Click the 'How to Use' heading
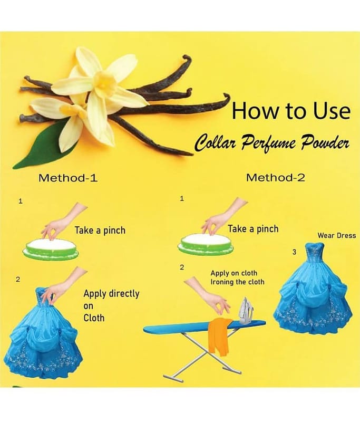(291, 111)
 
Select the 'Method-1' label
(68, 178)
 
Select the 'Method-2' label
(276, 178)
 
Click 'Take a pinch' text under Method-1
(100, 231)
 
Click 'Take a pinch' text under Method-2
(253, 229)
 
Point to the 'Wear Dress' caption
(337, 235)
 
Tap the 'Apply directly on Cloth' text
(111, 306)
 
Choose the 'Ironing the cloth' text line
(237, 282)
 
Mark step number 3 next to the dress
(295, 252)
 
